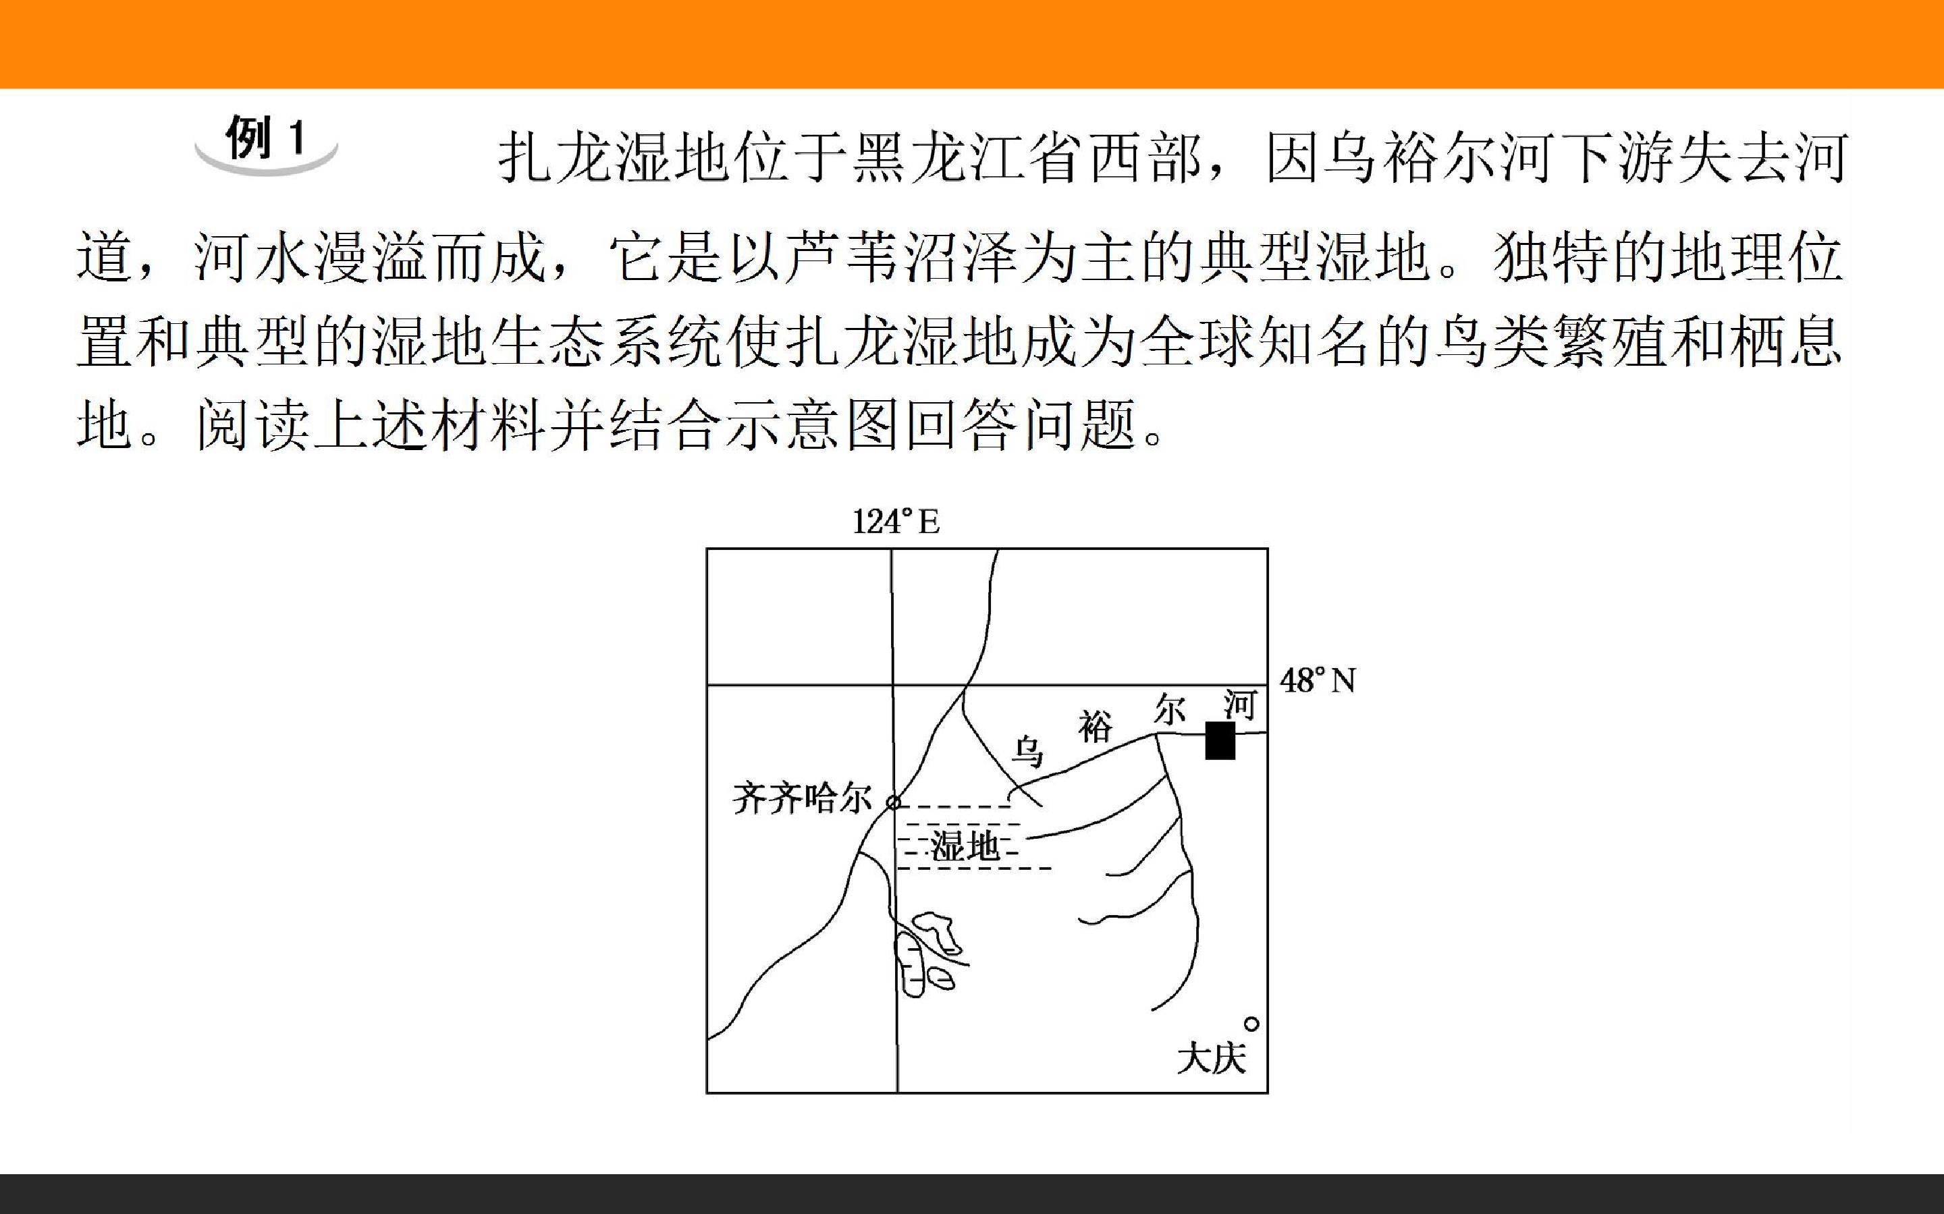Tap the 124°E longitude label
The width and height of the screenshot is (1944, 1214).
[x=895, y=522]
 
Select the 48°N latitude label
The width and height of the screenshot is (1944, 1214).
[x=1318, y=681]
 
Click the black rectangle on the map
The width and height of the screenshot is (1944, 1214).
[x=1220, y=740]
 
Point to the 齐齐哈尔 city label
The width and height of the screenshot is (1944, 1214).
[x=802, y=800]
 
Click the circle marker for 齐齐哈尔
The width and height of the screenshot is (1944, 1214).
[x=893, y=801]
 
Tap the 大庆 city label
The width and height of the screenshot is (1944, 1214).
[x=1212, y=1059]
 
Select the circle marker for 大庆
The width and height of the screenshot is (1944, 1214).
[x=1251, y=1023]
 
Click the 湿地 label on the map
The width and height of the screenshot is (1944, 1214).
[x=965, y=846]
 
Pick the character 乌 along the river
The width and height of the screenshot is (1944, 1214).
[x=1026, y=752]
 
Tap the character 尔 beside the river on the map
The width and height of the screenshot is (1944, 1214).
[x=1170, y=711]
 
